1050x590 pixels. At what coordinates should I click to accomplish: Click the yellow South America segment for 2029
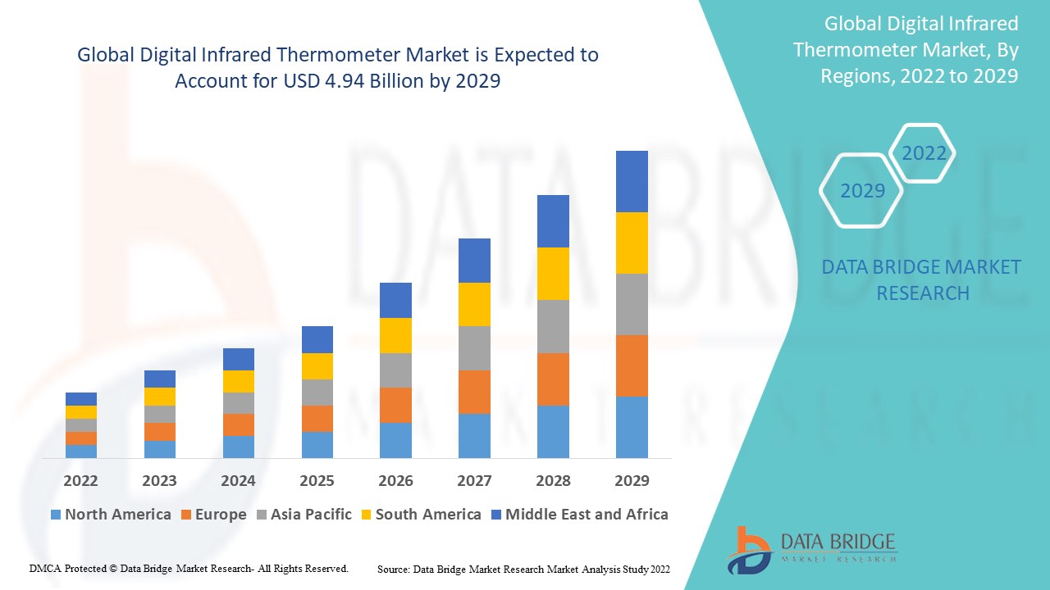click(x=632, y=243)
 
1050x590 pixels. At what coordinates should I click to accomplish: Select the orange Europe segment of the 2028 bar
click(x=553, y=379)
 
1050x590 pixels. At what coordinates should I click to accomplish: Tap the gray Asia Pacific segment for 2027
click(x=474, y=348)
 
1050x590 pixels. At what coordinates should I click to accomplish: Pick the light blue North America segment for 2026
click(x=395, y=440)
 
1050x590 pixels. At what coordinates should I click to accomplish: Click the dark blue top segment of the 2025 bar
click(x=317, y=339)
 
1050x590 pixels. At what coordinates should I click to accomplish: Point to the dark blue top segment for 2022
click(x=81, y=399)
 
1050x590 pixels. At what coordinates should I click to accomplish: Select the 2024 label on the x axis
click(x=238, y=480)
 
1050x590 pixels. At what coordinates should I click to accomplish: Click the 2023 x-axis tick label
click(x=159, y=480)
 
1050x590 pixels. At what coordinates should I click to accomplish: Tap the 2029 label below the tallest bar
click(x=632, y=480)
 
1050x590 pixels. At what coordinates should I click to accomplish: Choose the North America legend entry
click(x=111, y=515)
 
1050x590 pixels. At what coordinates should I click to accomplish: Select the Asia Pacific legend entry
click(x=304, y=515)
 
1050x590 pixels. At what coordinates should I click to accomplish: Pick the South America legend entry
click(x=420, y=515)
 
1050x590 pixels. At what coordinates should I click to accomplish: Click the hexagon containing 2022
click(x=924, y=153)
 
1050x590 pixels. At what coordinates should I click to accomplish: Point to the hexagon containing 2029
click(x=862, y=191)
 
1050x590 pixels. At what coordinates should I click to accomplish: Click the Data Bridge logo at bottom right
click(x=811, y=549)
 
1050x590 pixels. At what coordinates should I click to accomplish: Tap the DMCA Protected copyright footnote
click(x=189, y=568)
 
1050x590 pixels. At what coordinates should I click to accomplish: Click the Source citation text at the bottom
click(x=523, y=569)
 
